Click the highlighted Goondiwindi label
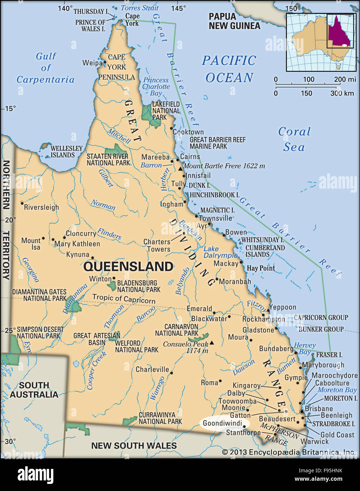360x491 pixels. click(x=223, y=424)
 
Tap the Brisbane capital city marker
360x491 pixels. click(x=302, y=412)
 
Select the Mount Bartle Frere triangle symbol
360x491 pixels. click(x=180, y=169)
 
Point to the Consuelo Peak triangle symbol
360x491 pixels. click(x=212, y=343)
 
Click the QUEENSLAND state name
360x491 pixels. click(x=128, y=266)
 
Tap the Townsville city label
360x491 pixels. click(x=215, y=218)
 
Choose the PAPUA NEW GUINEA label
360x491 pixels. click(x=234, y=21)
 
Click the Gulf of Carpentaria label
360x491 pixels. click(x=46, y=68)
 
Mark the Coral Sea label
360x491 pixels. click(x=294, y=139)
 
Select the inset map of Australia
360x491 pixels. click(x=321, y=42)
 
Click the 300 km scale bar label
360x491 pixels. click(x=342, y=93)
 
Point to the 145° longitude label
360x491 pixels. click(x=178, y=8)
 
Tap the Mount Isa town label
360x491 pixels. click(x=31, y=244)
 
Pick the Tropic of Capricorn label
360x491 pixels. click(x=124, y=299)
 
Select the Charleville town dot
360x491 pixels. click(x=171, y=373)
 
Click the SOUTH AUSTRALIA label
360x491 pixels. click(x=34, y=390)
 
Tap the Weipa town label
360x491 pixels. click(x=92, y=63)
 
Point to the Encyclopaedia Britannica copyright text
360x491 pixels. click(x=288, y=452)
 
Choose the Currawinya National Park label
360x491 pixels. click(x=160, y=418)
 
